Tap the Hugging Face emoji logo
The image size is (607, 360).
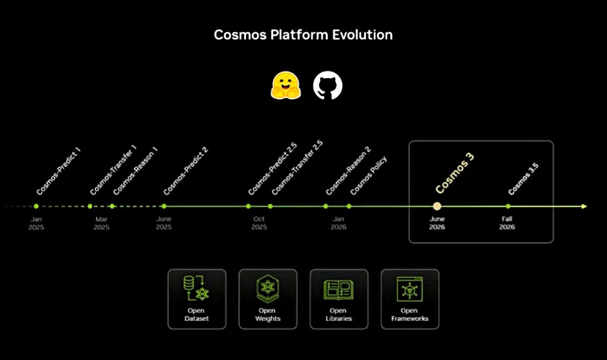pyautogui.click(x=286, y=85)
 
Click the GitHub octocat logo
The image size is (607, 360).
pyautogui.click(x=327, y=85)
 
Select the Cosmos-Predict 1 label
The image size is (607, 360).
pyautogui.click(x=58, y=171)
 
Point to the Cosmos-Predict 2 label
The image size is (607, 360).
pyautogui.click(x=186, y=171)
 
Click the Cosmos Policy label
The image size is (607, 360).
pyautogui.click(x=369, y=176)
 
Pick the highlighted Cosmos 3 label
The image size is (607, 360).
pyautogui.click(x=455, y=172)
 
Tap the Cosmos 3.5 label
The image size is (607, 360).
pyautogui.click(x=523, y=179)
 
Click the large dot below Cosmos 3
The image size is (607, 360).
pyautogui.click(x=437, y=206)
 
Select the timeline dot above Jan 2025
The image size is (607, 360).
pyautogui.click(x=36, y=206)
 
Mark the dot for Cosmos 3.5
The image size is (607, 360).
pyautogui.click(x=508, y=206)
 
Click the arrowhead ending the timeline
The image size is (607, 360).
pyautogui.click(x=584, y=206)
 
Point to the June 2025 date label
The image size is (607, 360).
pyautogui.click(x=164, y=223)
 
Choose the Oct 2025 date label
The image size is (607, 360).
pyautogui.click(x=259, y=223)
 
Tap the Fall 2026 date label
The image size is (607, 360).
pyautogui.click(x=507, y=223)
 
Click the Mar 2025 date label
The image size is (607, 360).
pyautogui.click(x=102, y=223)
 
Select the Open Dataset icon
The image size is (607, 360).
pyautogui.click(x=196, y=288)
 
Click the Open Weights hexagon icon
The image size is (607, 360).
pyautogui.click(x=268, y=289)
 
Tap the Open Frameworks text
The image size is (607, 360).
pyautogui.click(x=409, y=314)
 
